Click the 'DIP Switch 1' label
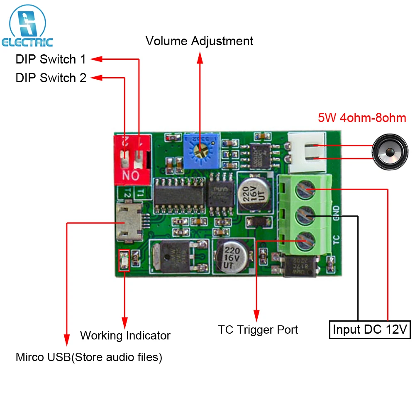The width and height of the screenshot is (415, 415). (51, 59)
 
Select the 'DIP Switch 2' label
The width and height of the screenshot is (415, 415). (51, 78)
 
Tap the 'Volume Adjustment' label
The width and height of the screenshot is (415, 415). (199, 41)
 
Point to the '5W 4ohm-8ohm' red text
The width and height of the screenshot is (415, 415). (362, 117)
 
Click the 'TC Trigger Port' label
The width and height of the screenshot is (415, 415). (258, 330)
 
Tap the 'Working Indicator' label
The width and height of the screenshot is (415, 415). (125, 335)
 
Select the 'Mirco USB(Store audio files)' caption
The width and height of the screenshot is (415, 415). (89, 357)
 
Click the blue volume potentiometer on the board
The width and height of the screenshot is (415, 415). (200, 150)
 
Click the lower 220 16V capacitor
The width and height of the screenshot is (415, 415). (231, 256)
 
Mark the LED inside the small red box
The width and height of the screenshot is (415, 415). (124, 261)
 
